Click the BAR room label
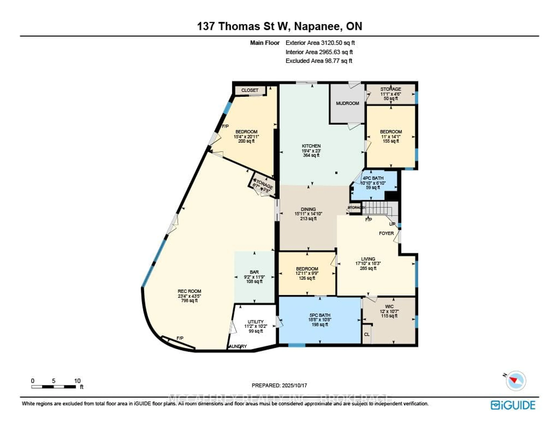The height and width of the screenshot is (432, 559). click(254, 272)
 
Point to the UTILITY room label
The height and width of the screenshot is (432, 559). click(255, 322)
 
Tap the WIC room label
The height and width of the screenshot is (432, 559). click(389, 307)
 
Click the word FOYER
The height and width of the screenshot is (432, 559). click(386, 233)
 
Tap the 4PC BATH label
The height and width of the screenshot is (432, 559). click(373, 178)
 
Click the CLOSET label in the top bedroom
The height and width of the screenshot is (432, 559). click(250, 90)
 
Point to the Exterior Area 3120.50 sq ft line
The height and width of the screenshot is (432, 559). click(320, 43)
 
